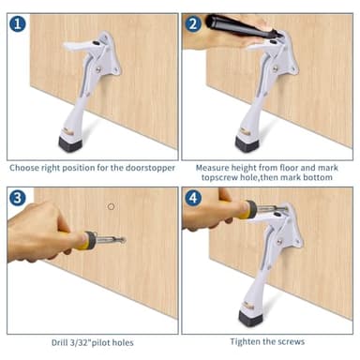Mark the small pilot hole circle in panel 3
[x=111, y=206]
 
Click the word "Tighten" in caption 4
[x=249, y=341]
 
